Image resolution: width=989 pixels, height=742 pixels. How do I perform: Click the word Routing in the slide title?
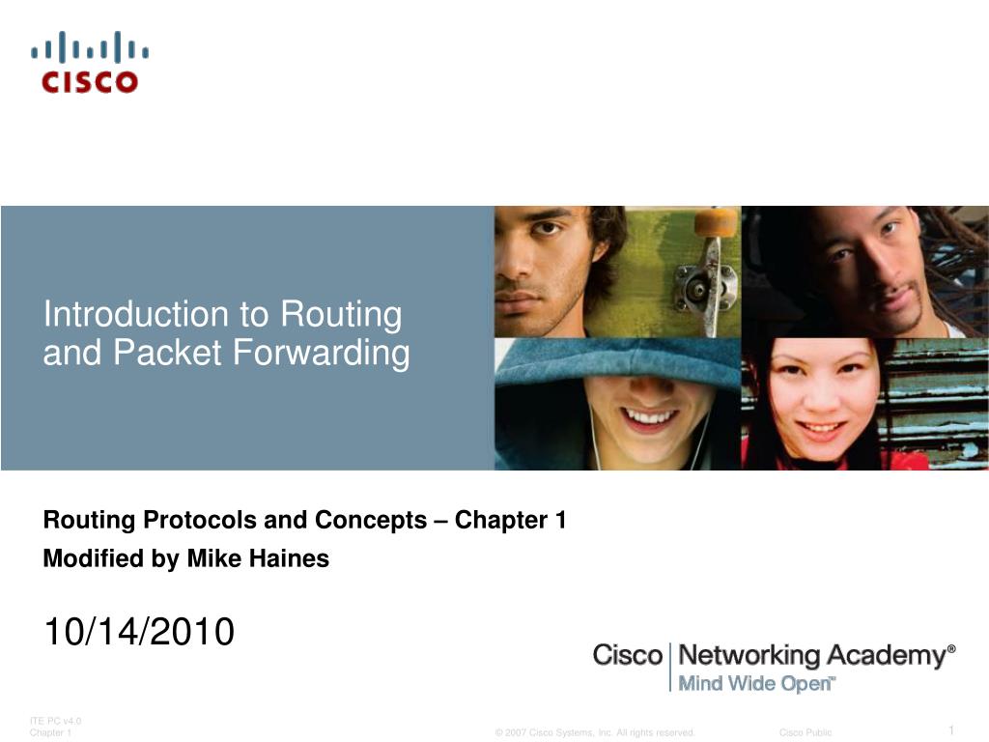(341, 314)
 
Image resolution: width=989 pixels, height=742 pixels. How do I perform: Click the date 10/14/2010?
(138, 632)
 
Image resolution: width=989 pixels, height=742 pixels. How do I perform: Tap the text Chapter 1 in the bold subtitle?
(510, 521)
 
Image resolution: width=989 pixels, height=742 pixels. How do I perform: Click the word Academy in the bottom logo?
(884, 656)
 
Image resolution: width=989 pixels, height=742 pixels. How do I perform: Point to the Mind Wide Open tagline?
(754, 684)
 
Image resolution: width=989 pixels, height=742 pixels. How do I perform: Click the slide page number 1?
(951, 729)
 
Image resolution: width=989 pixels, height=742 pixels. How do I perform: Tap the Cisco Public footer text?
(805, 733)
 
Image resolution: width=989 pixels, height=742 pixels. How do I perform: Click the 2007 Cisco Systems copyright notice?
(595, 733)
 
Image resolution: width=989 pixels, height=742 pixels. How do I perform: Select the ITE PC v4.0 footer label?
(56, 721)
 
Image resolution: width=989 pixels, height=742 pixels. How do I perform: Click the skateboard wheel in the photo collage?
(716, 224)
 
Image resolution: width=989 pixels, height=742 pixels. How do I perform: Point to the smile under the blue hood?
(650, 417)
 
